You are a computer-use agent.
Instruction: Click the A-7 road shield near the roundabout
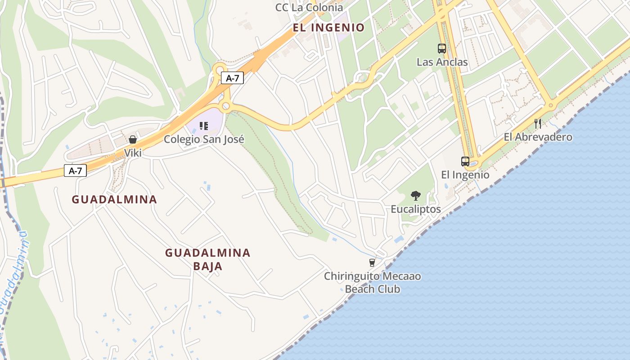pos(232,78)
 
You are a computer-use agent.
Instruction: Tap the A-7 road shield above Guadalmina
pos(75,171)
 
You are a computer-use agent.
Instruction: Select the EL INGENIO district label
pos(328,28)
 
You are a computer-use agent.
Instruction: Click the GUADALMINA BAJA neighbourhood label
pos(207,259)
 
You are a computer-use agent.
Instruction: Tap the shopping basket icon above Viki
pos(133,139)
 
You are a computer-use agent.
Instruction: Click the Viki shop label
pos(133,153)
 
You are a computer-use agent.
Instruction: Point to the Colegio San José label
pos(204,139)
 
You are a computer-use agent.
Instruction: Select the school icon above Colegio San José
pos(204,126)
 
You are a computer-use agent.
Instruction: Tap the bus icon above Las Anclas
pos(442,49)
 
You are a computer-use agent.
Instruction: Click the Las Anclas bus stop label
pos(442,62)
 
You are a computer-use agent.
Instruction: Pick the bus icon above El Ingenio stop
pos(465,161)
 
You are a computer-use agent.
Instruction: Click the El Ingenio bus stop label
pos(465,175)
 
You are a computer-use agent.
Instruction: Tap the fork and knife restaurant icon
pos(538,123)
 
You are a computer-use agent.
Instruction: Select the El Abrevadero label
pos(538,137)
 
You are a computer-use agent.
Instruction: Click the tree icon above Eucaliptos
pos(416,196)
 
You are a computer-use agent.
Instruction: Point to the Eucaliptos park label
pos(416,209)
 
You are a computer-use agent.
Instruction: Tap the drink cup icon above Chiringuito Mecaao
pos(372,262)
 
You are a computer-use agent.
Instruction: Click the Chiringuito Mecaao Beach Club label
pos(373,282)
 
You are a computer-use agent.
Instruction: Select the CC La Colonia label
pos(309,7)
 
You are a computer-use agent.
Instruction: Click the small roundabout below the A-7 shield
pos(226,106)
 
